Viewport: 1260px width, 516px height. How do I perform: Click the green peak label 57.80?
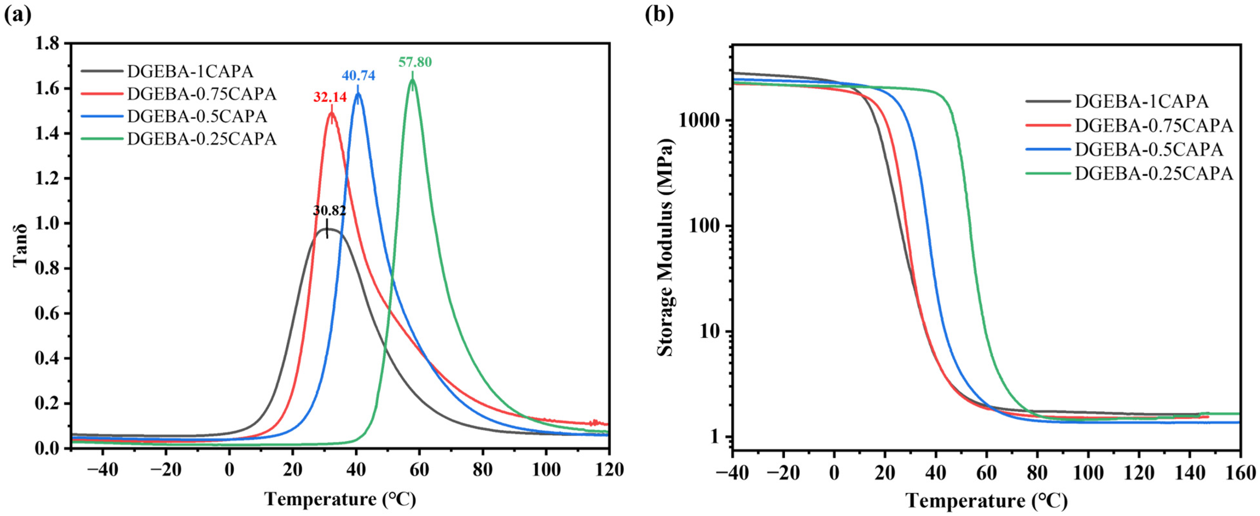[415, 62]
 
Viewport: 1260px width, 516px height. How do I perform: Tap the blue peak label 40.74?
[358, 75]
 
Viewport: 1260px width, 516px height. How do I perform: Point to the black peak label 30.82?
[330, 210]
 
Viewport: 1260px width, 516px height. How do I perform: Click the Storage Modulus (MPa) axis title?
[665, 247]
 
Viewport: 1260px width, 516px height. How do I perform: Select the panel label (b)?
[659, 15]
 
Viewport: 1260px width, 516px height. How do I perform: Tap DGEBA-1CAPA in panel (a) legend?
[190, 72]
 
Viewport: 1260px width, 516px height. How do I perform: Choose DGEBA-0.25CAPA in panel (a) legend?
[201, 139]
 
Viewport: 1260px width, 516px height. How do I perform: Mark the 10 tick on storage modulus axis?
[710, 331]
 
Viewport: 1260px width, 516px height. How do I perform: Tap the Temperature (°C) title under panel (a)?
[340, 499]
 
